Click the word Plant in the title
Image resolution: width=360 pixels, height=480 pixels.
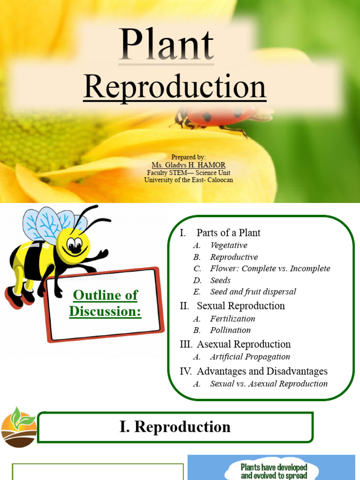[x=166, y=45]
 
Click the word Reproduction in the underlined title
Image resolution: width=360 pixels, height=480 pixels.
[x=175, y=88]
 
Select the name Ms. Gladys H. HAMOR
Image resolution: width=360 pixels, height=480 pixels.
[x=188, y=165]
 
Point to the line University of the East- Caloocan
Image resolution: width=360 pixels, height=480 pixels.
[x=188, y=180]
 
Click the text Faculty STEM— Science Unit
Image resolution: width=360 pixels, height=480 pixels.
[x=188, y=172]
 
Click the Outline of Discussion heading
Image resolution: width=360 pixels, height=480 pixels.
[x=105, y=303]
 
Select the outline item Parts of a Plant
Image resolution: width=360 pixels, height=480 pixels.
[x=228, y=232]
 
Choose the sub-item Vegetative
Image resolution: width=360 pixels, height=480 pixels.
[x=229, y=245]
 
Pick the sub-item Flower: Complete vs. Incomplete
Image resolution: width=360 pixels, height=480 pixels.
[x=270, y=269]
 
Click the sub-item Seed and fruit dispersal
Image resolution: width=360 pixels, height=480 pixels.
[x=253, y=292]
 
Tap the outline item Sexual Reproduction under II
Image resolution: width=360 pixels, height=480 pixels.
[x=240, y=306]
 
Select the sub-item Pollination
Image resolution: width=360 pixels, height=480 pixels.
[x=230, y=330]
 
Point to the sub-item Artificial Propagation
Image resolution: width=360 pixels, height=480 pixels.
[x=250, y=357]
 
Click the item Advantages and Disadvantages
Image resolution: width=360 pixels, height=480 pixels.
[x=262, y=371]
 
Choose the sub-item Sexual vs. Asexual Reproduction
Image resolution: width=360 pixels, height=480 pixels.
[x=269, y=383]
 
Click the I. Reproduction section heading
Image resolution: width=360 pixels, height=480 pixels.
[x=175, y=427]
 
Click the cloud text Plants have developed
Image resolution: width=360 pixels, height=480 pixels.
[x=274, y=467]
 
